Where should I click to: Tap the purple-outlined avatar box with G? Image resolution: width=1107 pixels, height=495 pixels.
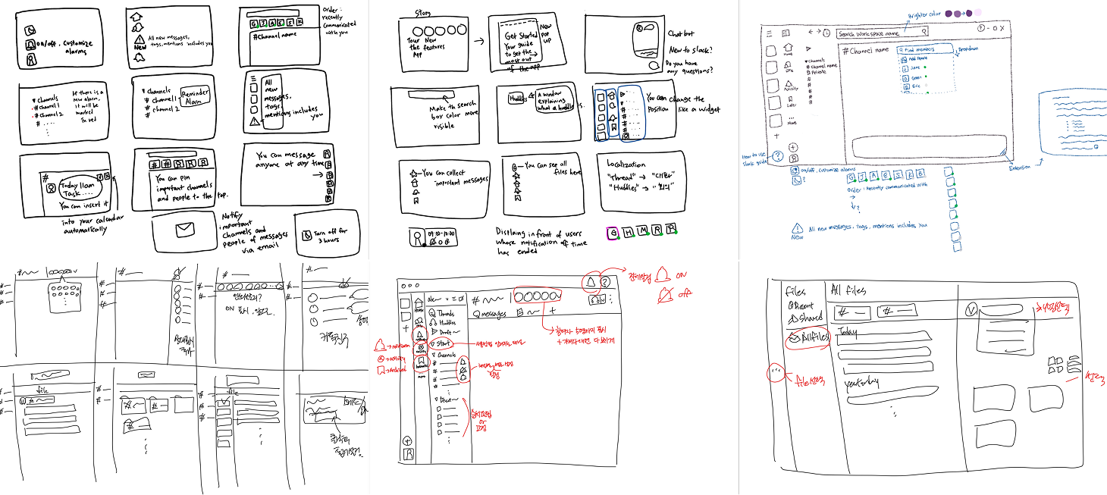tap(613, 233)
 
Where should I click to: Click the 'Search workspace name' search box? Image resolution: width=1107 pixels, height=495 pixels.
tap(881, 33)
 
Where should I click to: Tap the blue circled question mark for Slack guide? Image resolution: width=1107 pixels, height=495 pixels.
tap(792, 158)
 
